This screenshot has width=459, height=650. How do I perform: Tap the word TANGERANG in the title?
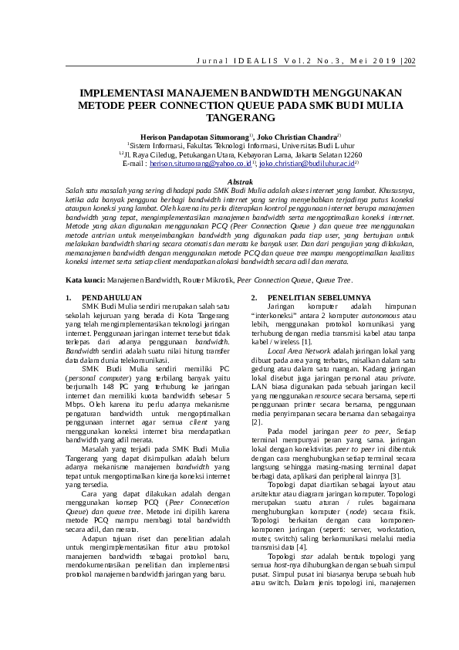click(229, 118)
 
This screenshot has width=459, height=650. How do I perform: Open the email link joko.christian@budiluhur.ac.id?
click(306, 164)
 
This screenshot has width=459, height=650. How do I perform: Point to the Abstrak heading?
click(229, 180)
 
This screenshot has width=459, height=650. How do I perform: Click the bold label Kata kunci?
click(84, 279)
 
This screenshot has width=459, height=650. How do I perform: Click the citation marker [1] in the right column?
click(307, 340)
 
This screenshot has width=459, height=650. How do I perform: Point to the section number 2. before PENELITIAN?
click(255, 297)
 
